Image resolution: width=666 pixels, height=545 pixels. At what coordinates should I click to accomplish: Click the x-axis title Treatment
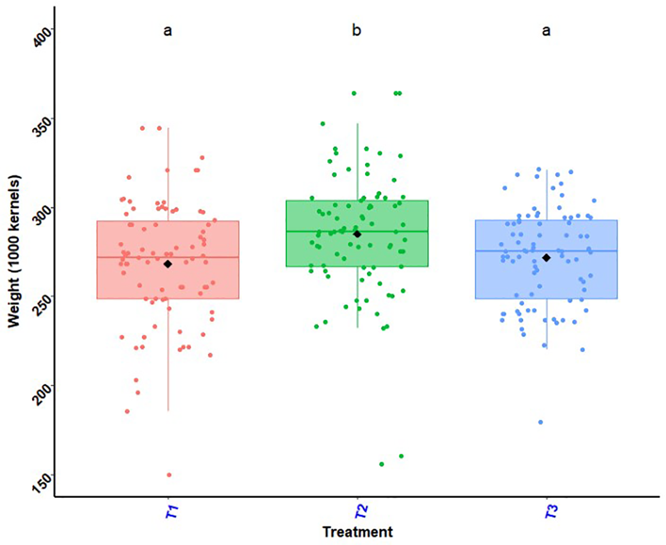click(357, 531)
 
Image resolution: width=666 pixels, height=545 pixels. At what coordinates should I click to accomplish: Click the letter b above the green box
click(356, 30)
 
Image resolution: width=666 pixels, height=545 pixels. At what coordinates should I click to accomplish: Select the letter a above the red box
click(167, 30)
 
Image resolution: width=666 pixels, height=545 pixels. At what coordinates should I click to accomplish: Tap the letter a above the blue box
click(546, 30)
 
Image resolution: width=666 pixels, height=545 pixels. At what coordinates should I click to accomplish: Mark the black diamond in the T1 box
click(167, 263)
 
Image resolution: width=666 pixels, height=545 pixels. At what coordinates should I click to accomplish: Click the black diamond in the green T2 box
click(357, 234)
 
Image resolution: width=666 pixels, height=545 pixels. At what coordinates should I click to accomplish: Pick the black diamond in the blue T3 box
click(546, 257)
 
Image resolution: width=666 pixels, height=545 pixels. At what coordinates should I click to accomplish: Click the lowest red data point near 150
click(169, 474)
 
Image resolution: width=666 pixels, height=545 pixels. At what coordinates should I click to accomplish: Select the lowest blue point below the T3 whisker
click(541, 422)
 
